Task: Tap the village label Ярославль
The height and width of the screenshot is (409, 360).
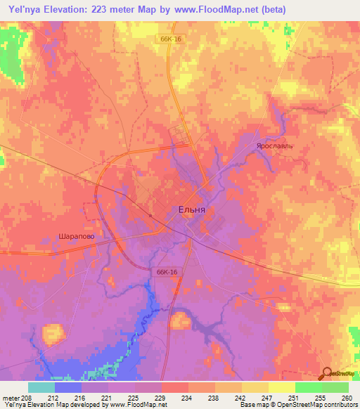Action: coord(274,146)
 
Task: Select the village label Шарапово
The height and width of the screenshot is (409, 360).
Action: coord(75,238)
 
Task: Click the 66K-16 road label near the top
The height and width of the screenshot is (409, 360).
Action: coord(169,39)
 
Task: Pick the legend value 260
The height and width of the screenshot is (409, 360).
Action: coord(347,397)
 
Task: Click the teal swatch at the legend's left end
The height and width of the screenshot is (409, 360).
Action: coord(41,387)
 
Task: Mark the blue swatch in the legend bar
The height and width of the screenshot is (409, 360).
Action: coord(68,387)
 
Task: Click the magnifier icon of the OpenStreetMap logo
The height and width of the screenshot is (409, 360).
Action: coord(326,372)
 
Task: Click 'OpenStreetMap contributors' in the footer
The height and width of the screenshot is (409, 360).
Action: coord(320,405)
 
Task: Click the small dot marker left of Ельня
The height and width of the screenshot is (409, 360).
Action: coord(150,215)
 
